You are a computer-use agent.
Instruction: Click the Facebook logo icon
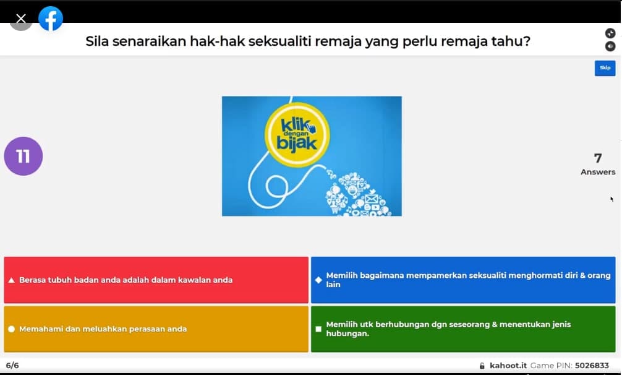pos(50,18)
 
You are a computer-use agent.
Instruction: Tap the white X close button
pos(21,19)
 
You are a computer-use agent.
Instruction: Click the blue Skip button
pos(605,68)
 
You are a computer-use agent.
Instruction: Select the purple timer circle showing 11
pos(23,156)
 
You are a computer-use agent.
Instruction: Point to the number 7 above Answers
pos(598,158)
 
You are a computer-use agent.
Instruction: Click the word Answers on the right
pos(598,172)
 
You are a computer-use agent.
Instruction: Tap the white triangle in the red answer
pos(12,280)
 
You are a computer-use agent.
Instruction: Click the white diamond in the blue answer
pos(318,280)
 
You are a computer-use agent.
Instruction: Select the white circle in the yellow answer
pos(12,329)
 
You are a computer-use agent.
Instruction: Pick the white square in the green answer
pos(318,329)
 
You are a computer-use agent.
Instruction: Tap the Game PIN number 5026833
pos(592,366)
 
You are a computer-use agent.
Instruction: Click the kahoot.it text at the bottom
pos(508,366)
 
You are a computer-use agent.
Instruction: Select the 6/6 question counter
pos(12,366)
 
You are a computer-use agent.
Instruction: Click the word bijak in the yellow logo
pos(297,144)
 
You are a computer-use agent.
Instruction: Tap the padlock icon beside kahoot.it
pos(482,366)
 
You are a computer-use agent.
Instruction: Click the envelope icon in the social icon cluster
pos(372,198)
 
